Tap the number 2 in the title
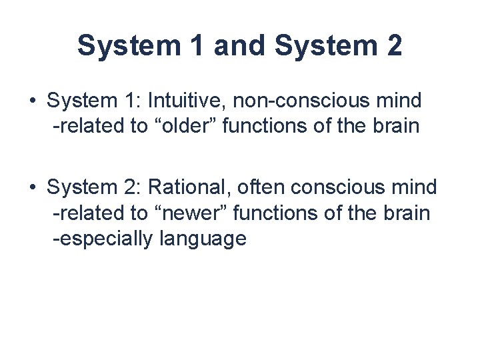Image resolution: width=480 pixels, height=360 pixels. (x=393, y=45)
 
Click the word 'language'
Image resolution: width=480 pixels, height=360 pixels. (x=203, y=238)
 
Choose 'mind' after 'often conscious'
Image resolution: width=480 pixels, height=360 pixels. (x=413, y=188)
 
